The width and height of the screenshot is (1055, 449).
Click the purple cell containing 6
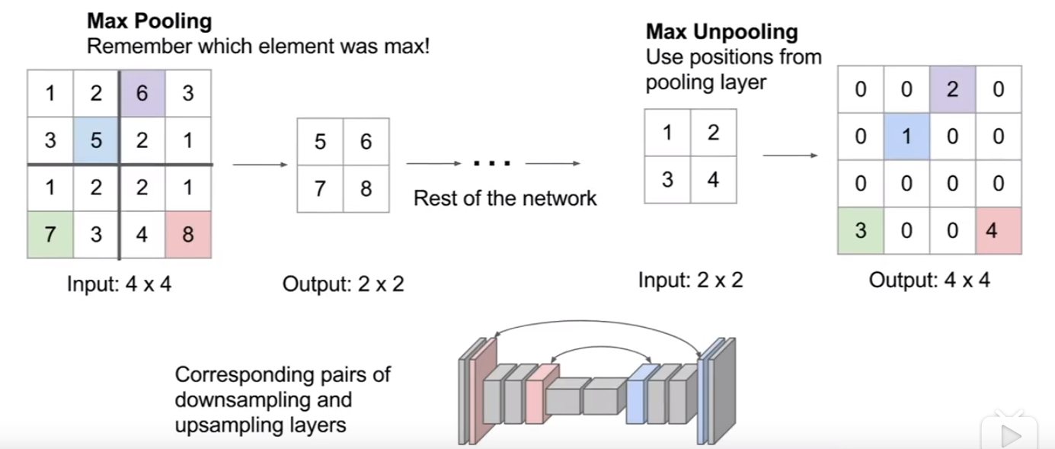point(142,94)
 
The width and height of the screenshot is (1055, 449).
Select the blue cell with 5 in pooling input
point(96,140)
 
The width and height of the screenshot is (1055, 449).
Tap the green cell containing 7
point(50,234)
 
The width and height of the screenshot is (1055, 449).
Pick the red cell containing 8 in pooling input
point(188,234)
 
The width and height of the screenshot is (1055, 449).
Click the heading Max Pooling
point(149,21)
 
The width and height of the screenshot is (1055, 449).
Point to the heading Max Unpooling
point(721,32)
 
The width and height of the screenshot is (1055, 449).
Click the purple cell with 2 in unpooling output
point(952,89)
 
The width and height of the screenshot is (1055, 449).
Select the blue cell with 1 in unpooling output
point(906,136)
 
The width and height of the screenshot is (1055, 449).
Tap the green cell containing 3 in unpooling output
point(861,230)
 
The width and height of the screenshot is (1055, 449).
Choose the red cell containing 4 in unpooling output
point(998,230)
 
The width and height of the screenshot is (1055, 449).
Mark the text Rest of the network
point(504,199)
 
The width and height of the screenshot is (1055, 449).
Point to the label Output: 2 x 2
point(343,284)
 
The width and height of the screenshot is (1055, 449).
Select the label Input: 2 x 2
point(690,281)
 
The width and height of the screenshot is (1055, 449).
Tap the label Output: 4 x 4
point(929,281)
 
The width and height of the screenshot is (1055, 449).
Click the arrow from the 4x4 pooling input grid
point(259,164)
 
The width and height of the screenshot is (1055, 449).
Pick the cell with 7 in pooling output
point(321,188)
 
